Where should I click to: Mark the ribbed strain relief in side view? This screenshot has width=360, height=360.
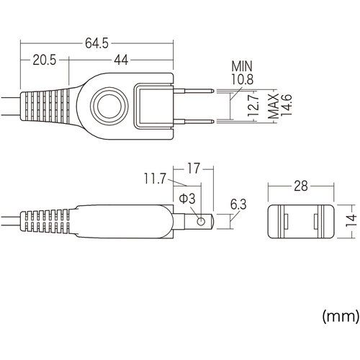coord(47,222)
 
